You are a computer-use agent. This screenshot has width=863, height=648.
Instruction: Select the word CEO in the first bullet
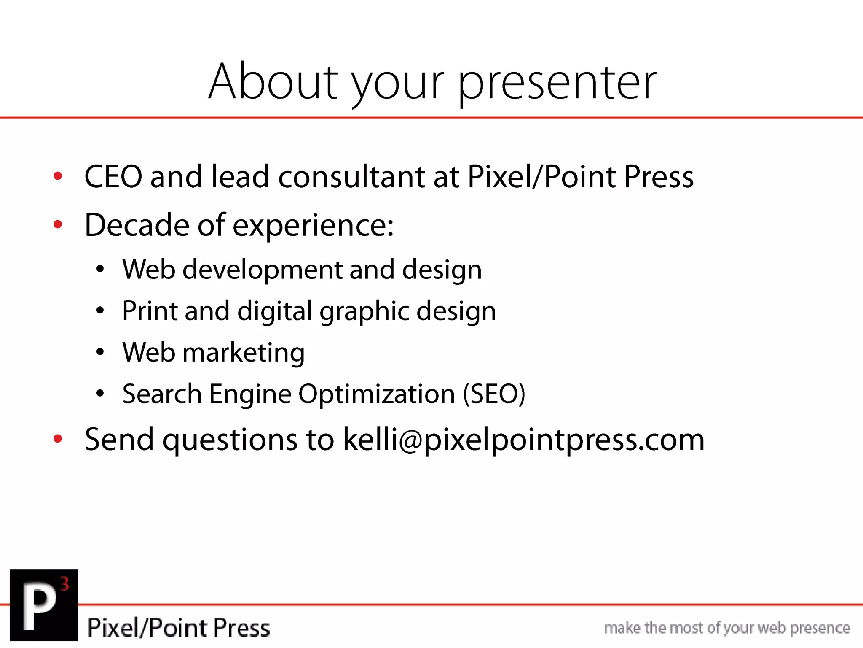pyautogui.click(x=113, y=176)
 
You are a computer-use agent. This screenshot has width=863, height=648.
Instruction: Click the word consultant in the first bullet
pyautogui.click(x=351, y=176)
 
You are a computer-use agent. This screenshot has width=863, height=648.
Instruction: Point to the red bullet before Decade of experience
pyautogui.click(x=58, y=224)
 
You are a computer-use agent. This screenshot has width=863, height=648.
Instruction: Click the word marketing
pyautogui.click(x=243, y=353)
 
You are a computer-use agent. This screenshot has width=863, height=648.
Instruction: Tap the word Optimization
pyautogui.click(x=377, y=394)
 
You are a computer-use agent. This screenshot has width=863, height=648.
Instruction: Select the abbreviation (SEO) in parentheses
pyautogui.click(x=494, y=394)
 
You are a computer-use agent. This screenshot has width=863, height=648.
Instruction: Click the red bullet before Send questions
pyautogui.click(x=58, y=439)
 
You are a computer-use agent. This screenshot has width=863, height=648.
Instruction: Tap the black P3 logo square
pyautogui.click(x=44, y=605)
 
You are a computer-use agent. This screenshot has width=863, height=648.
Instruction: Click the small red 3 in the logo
pyautogui.click(x=64, y=584)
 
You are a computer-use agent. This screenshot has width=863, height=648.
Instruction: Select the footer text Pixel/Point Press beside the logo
pyautogui.click(x=179, y=627)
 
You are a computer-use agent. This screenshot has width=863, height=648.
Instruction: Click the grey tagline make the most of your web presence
pyautogui.click(x=727, y=628)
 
